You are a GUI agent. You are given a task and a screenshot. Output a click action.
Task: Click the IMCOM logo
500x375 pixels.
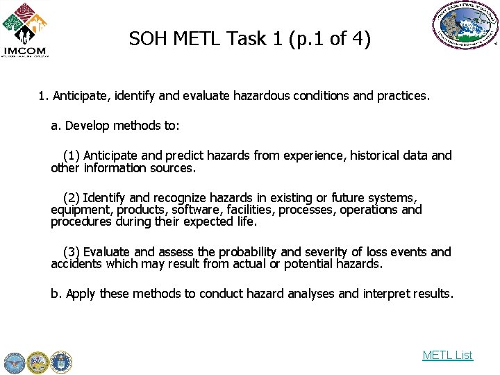click(x=25, y=30)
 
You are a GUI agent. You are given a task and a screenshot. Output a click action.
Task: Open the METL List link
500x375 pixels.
click(x=447, y=355)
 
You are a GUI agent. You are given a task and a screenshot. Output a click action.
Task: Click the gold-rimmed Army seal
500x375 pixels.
click(x=37, y=362)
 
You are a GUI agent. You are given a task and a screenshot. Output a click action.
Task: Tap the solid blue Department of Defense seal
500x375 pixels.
click(x=14, y=362)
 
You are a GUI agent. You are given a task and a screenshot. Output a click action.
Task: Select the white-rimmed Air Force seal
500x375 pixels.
click(x=61, y=362)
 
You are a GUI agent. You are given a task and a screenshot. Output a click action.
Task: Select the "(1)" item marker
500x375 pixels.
click(x=72, y=155)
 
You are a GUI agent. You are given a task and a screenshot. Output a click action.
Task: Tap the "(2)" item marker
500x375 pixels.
click(x=72, y=198)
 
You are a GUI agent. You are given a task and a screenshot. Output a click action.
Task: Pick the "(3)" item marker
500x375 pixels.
click(x=72, y=251)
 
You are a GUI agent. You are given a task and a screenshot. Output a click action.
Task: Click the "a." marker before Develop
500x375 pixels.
click(x=56, y=126)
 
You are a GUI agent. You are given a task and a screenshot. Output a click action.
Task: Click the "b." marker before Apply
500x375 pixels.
click(x=56, y=294)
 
